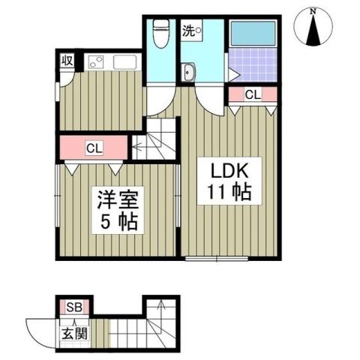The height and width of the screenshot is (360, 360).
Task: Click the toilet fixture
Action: [159, 34]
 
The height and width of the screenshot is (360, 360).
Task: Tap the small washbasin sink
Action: [188, 73]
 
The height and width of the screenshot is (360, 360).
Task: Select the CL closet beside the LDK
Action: [252, 94]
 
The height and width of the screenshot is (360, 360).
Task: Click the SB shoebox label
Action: [74, 306]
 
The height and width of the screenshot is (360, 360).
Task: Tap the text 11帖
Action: [224, 191]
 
